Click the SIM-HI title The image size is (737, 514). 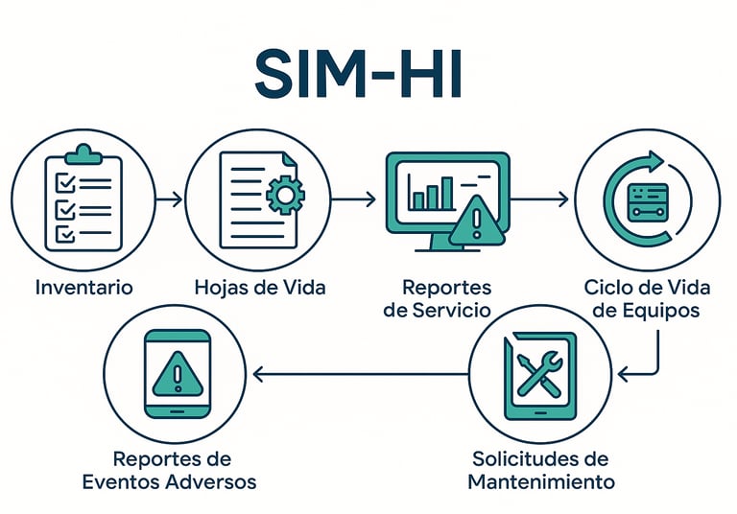(358, 74)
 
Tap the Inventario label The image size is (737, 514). (84, 287)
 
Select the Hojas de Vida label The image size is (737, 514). (260, 287)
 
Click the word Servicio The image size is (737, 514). (450, 310)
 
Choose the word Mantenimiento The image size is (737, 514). (541, 481)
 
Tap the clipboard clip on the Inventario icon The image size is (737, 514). (83, 154)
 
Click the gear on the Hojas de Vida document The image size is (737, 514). (285, 195)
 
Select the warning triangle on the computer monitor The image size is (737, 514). (477, 222)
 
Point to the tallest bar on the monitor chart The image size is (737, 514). (447, 193)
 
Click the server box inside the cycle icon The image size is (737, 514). (648, 202)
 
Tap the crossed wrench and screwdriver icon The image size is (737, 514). (539, 374)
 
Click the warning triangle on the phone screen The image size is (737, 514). (178, 374)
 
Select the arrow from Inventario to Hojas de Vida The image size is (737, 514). (169, 199)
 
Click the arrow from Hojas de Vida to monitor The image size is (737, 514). (353, 199)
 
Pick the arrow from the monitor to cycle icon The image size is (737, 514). (539, 199)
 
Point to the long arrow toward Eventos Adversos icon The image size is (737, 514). (361, 374)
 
